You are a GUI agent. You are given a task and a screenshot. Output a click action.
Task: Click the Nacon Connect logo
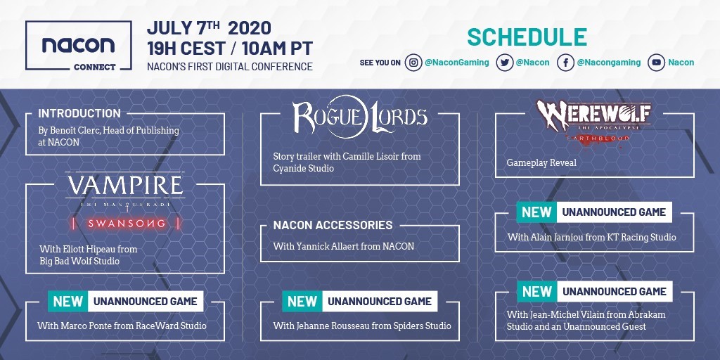[79, 46]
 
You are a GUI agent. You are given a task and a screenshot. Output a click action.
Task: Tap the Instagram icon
[413, 63]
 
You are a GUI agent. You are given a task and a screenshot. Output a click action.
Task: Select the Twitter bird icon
[504, 63]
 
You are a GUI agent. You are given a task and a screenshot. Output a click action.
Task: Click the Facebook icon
[566, 63]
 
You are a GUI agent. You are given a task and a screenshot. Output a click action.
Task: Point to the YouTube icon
[657, 63]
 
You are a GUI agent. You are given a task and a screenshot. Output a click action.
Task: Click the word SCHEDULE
[527, 38]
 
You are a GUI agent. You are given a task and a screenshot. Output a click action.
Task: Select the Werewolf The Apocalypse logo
[593, 120]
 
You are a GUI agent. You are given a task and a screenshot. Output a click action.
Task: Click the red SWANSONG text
[127, 224]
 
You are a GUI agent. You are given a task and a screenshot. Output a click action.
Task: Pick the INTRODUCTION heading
[79, 113]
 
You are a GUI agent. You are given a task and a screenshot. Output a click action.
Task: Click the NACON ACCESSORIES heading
[333, 225]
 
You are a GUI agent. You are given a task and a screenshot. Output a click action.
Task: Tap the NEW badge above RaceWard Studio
[68, 301]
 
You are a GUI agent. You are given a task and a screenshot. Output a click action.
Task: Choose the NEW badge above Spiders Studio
[302, 301]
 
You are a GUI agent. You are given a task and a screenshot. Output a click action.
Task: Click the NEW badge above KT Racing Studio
[536, 212]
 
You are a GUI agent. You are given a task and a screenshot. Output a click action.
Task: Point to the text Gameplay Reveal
[541, 163]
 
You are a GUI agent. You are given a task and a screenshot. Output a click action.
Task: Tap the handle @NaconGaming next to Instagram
[457, 63]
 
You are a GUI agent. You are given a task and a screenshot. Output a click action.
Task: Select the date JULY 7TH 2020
[209, 28]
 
